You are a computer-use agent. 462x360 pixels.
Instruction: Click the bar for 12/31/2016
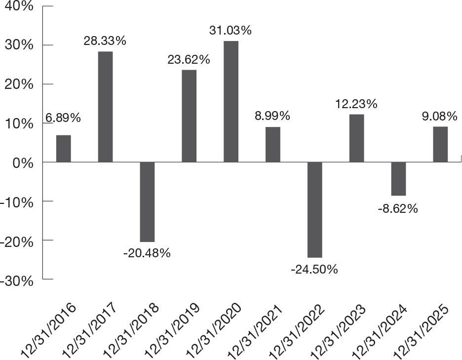[64, 149]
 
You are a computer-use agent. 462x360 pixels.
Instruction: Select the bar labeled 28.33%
[106, 107]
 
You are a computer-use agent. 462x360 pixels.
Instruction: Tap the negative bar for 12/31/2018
[147, 202]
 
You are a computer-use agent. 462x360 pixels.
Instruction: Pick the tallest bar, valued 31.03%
[231, 101]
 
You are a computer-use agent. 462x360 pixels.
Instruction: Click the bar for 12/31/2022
[315, 210]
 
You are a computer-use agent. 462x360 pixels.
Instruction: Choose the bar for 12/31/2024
[398, 179]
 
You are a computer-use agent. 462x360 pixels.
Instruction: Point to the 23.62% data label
[189, 60]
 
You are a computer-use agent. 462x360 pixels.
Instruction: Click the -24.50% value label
[314, 269]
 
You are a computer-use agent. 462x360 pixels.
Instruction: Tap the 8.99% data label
[272, 116]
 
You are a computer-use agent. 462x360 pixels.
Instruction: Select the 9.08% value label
[440, 116]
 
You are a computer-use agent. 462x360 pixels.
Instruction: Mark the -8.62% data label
[398, 209]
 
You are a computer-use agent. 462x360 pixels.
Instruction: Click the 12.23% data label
[356, 104]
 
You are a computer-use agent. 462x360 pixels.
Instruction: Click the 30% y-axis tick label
[19, 46]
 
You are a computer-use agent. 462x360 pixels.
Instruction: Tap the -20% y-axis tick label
[17, 242]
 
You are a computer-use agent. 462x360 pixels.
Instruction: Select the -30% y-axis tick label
[17, 281]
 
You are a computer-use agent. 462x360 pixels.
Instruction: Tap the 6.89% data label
[63, 118]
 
